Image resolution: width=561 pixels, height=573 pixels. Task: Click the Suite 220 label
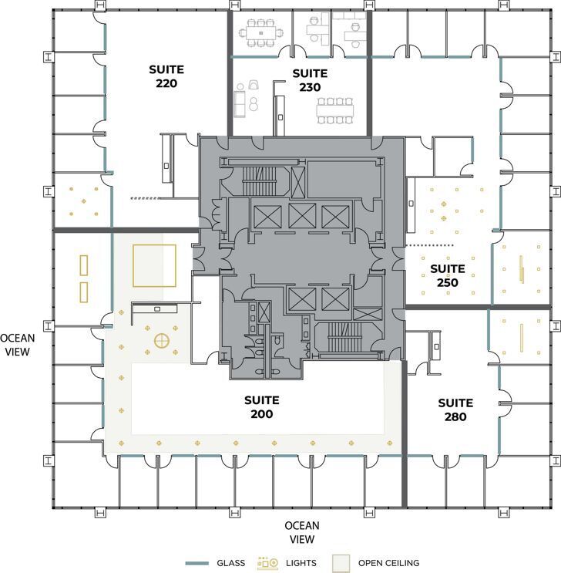(x=166, y=76)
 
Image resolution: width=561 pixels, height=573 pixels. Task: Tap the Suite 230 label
(x=310, y=80)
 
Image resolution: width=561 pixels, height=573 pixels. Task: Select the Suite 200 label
(x=261, y=407)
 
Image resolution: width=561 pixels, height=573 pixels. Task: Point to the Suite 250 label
(x=447, y=275)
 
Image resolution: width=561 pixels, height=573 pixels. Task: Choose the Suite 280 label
(x=455, y=410)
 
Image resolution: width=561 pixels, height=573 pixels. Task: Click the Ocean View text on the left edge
(x=18, y=344)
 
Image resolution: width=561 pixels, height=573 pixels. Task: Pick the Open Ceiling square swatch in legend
(x=341, y=563)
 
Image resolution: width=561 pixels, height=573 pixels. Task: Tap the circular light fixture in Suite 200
(x=162, y=340)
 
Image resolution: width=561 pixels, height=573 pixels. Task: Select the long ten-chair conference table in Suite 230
(x=335, y=110)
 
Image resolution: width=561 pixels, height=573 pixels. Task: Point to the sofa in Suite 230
(x=240, y=102)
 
